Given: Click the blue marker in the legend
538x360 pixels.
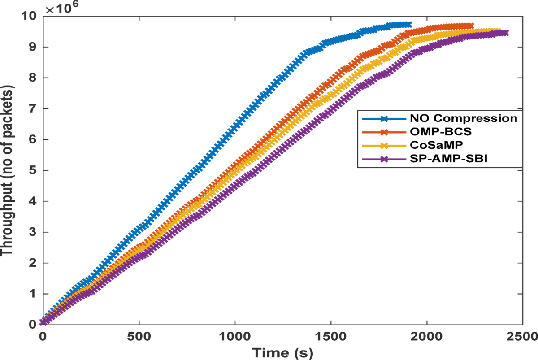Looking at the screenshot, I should pos(384,119).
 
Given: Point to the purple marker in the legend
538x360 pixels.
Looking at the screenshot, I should pos(384,159).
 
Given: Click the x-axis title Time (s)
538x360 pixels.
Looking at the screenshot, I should pos(282,352).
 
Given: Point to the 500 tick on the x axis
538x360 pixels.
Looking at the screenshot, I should pos(139,336).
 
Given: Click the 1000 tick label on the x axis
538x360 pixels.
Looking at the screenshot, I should pos(235,336).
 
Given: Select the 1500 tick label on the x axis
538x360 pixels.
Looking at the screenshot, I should pos(331,336).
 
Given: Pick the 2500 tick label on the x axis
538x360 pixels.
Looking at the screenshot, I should pos(522,336).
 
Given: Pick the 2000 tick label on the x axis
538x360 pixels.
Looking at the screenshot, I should pos(427,336).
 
